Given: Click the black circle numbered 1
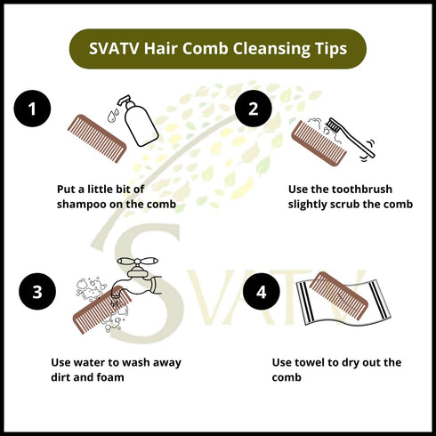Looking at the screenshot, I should tap(33, 109).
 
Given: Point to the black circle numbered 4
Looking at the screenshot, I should tap(261, 291).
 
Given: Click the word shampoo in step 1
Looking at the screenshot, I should tap(83, 204).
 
